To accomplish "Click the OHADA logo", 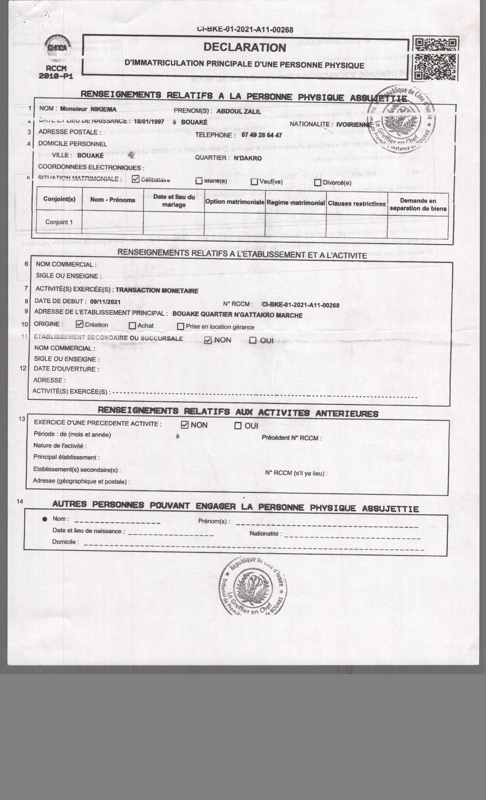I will (x=57, y=48).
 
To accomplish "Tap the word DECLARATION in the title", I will (x=245, y=47).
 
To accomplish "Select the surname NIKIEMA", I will (x=103, y=109).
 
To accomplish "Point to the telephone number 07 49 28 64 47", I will (x=261, y=135).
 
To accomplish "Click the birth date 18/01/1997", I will (x=149, y=122).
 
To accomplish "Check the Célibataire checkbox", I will (x=136, y=179).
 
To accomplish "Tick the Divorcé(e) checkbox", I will (x=317, y=182).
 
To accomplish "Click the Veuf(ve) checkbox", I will (x=254, y=182).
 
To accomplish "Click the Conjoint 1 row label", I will (x=59, y=222).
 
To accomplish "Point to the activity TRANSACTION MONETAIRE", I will (x=157, y=291).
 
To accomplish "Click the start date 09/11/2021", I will (x=105, y=302).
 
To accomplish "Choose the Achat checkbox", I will (x=132, y=325).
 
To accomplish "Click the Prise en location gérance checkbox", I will (x=181, y=326).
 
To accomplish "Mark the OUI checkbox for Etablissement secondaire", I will (x=253, y=340).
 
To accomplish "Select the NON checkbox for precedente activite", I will (x=184, y=425).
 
